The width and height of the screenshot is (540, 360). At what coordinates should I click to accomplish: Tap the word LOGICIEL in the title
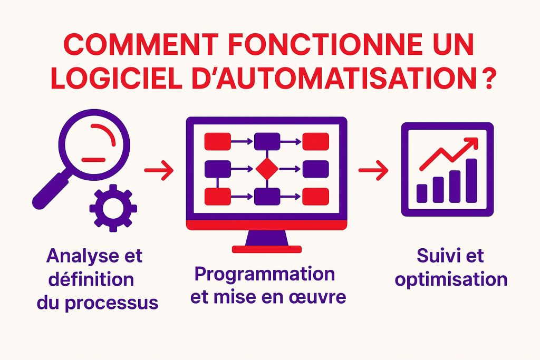[117, 79]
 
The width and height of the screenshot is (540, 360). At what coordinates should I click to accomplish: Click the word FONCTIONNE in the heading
[325, 44]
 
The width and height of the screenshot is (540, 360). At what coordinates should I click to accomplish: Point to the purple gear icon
[113, 208]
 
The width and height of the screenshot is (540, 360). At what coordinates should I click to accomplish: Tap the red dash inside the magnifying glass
[93, 160]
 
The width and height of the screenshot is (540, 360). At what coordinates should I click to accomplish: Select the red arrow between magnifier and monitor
[159, 170]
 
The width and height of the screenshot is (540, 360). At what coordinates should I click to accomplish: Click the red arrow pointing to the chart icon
[373, 170]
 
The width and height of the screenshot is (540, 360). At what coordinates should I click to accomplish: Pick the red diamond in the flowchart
[267, 169]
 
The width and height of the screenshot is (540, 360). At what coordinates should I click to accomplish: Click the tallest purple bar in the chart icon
[471, 181]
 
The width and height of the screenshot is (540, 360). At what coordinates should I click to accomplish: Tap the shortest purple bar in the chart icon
[422, 193]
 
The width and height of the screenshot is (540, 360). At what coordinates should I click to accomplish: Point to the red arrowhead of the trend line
[472, 143]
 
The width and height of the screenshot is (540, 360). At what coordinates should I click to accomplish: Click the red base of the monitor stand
[267, 249]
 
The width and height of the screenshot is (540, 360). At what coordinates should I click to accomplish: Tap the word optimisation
[451, 280]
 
